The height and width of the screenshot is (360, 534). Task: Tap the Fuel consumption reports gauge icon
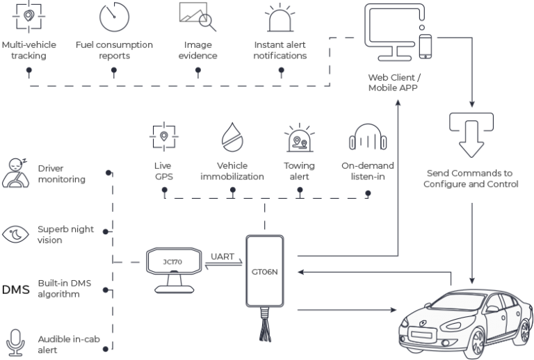(114, 17)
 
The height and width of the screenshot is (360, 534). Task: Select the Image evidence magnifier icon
(197, 17)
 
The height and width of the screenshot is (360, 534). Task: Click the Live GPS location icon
(163, 137)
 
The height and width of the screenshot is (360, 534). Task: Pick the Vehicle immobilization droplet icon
(232, 137)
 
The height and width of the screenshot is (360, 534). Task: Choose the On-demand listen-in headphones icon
(368, 137)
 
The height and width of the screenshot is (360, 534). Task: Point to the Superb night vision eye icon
(16, 234)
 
